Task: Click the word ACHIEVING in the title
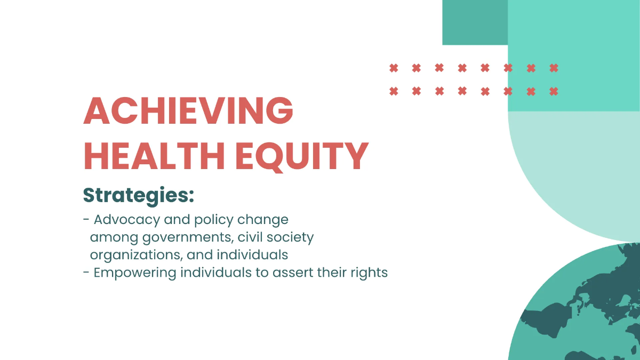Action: (x=188, y=111)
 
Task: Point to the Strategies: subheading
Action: (x=138, y=196)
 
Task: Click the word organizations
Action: (x=135, y=255)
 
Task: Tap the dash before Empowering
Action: (x=86, y=273)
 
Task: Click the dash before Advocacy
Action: (x=86, y=220)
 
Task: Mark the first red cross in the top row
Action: (x=394, y=68)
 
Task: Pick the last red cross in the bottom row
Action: (x=554, y=91)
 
